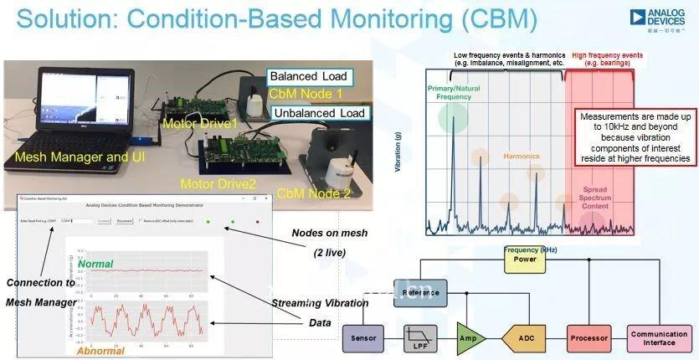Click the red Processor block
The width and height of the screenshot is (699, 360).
pyautogui.click(x=588, y=338)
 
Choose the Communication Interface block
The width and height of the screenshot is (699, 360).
pyautogui.click(x=659, y=338)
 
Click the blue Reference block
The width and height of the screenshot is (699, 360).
pyautogui.click(x=419, y=292)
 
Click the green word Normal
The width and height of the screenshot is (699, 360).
pyautogui.click(x=95, y=264)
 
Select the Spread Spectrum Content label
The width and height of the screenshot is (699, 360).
pyautogui.click(x=595, y=199)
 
